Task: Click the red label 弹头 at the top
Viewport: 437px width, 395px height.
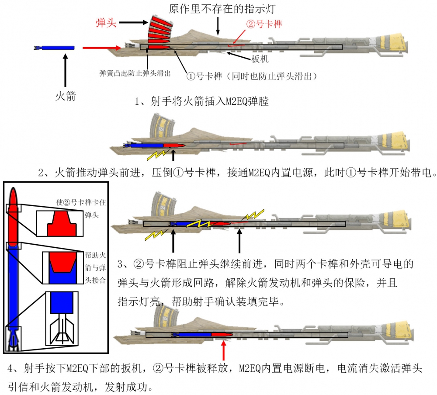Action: pos(106,23)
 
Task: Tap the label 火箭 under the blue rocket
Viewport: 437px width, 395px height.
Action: pos(66,96)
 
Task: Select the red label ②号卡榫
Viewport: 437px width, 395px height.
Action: pos(264,24)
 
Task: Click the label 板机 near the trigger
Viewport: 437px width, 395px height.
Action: pos(260,59)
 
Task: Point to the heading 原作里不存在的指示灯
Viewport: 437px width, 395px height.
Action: pos(222,9)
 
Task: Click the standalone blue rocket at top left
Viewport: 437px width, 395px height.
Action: pos(54,48)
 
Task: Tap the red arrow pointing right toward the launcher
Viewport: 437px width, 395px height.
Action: pos(102,48)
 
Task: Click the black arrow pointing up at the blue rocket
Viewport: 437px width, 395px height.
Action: pos(65,70)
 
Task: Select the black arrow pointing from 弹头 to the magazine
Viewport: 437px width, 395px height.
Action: pos(133,23)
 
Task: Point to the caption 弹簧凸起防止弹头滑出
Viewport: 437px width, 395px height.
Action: pos(135,73)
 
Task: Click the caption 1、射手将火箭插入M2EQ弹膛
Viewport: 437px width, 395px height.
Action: pos(201,101)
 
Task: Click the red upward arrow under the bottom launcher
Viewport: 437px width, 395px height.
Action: pos(223,350)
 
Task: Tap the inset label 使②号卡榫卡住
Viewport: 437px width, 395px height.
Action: pos(81,202)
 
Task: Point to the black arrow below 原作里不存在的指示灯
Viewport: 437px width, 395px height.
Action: pos(218,26)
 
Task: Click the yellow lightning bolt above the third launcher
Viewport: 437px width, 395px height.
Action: pos(253,215)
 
